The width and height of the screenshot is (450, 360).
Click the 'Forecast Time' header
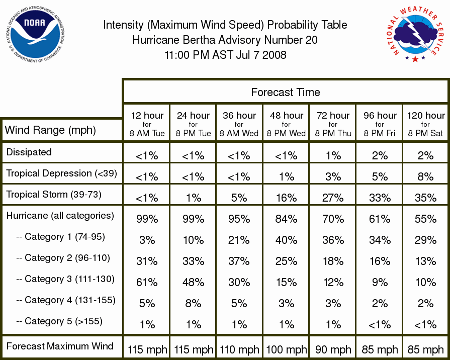pos(285,92)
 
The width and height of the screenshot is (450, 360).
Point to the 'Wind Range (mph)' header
pos(50,130)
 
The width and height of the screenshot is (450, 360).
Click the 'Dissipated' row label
pos(29,152)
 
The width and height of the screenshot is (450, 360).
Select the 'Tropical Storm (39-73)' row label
pos(54,195)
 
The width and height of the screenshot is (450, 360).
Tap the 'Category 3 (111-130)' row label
pos(65,279)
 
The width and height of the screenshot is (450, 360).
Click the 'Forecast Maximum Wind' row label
pos(60,346)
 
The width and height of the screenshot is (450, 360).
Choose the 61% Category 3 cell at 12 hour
pos(147,282)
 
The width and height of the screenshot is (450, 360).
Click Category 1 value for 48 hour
pos(286,240)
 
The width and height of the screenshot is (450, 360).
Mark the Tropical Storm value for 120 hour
pos(425,198)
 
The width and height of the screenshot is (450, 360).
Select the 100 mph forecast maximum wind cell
pos(287,349)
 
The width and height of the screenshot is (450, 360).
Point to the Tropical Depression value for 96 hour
pos(380,176)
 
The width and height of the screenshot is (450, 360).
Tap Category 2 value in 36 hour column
pos(239,261)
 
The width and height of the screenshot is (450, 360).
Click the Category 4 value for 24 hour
pos(193,304)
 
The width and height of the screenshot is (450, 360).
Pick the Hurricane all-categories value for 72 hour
pos(333,219)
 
